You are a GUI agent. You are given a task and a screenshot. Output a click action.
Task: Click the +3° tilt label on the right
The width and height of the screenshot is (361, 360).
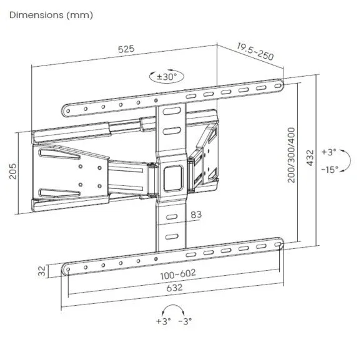pos(329,152)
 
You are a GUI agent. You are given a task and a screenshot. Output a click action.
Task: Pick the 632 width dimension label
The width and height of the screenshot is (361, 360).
pos(174,289)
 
